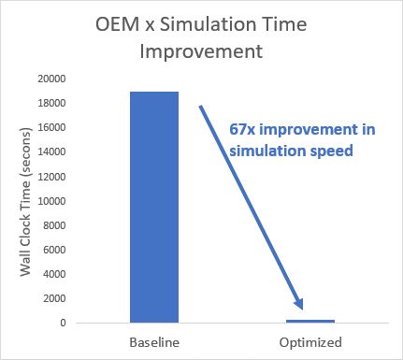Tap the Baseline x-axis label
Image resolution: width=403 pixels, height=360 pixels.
coord(153,341)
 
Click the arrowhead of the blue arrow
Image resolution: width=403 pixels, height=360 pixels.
coord(301,304)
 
